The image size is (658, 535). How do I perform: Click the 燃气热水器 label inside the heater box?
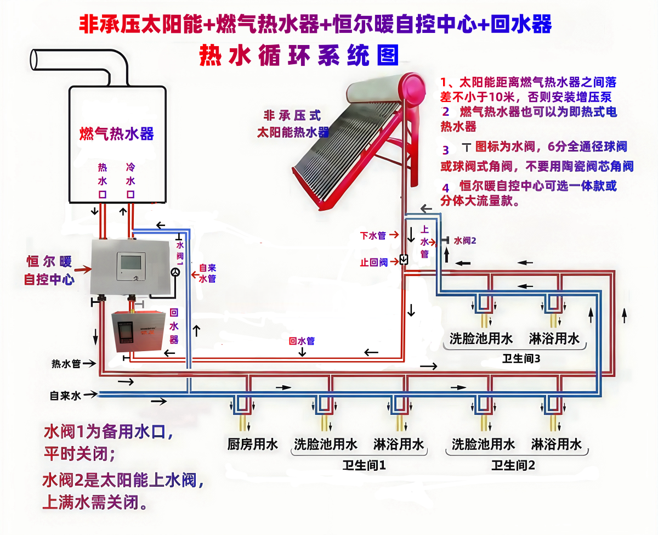(x=117, y=133)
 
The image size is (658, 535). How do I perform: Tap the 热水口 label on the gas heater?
(x=102, y=180)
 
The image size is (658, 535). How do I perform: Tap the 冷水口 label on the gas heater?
(x=131, y=180)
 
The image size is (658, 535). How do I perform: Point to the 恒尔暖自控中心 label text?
(x=49, y=270)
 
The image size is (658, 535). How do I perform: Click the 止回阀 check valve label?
(x=375, y=262)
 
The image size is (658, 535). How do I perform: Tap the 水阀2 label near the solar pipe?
(x=465, y=240)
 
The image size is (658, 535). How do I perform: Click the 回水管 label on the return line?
(x=302, y=341)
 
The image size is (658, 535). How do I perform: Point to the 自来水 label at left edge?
(x=65, y=395)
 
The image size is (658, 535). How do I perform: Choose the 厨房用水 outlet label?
(x=253, y=444)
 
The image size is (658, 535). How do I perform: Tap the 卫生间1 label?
(x=365, y=466)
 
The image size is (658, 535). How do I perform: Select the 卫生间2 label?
(x=513, y=466)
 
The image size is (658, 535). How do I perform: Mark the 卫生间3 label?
(x=521, y=359)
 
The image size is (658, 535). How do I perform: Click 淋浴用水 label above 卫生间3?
(x=554, y=338)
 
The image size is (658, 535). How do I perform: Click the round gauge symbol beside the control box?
(x=175, y=272)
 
